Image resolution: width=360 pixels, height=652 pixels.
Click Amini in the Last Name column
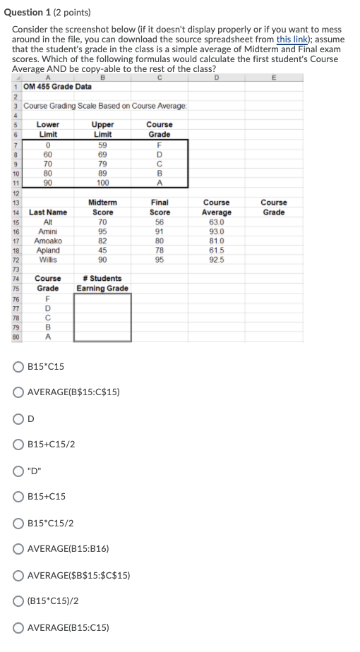tap(48, 231)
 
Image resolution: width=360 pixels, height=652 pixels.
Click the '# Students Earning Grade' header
tap(103, 284)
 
